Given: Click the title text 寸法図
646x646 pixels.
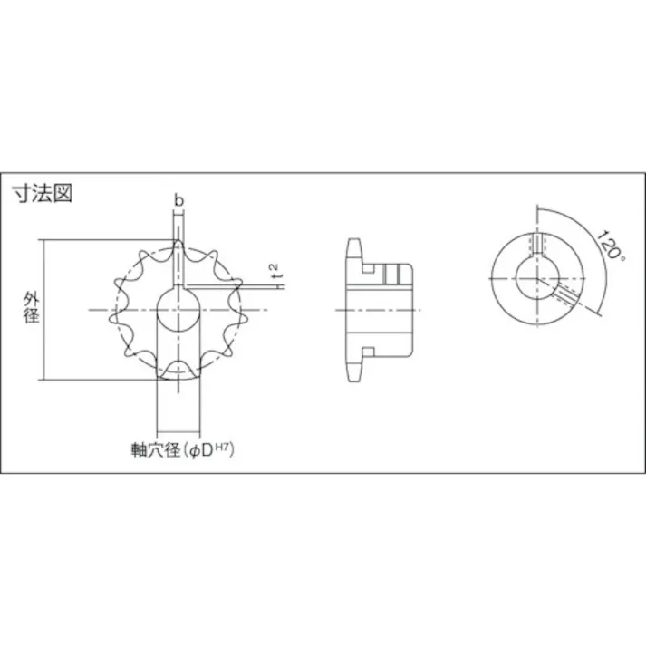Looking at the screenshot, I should pyautogui.click(x=41, y=193).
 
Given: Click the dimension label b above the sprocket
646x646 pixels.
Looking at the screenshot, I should pyautogui.click(x=178, y=199).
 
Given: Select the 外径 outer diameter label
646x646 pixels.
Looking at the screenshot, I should pyautogui.click(x=29, y=308).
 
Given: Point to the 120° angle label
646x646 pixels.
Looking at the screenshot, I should pyautogui.click(x=610, y=246).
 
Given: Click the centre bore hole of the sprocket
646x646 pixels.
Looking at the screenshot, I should pyautogui.click(x=178, y=311).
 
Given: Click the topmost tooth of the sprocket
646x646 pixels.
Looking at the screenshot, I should pyautogui.click(x=178, y=246).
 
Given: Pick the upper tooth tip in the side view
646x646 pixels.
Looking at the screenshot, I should pyautogui.click(x=353, y=246).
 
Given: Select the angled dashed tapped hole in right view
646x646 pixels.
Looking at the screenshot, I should pyautogui.click(x=565, y=294).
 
